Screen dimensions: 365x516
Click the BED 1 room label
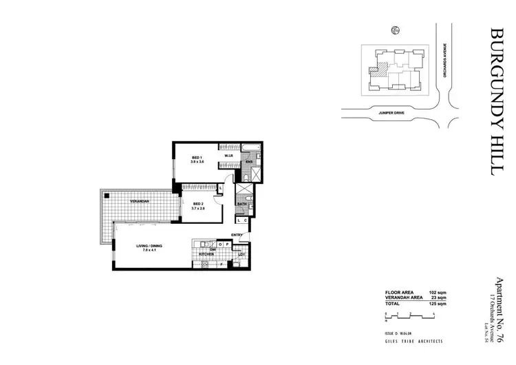(x=196, y=158)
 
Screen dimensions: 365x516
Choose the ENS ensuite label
(x=249, y=162)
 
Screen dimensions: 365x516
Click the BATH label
(x=242, y=205)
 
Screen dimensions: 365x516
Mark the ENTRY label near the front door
(x=237, y=235)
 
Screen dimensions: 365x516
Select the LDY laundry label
(x=241, y=255)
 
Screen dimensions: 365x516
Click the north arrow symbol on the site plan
(x=395, y=30)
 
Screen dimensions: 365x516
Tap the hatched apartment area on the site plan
(x=377, y=70)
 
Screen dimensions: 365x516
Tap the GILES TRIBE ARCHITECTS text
(x=413, y=341)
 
